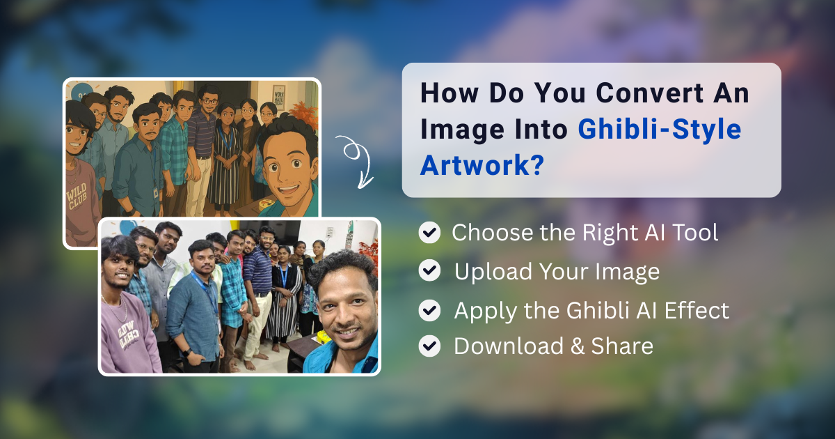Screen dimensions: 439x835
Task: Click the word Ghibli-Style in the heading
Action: tap(660, 130)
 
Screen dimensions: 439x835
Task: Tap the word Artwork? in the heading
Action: tap(481, 167)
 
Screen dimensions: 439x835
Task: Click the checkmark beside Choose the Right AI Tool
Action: tap(429, 233)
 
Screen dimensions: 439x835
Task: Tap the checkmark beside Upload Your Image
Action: tap(429, 271)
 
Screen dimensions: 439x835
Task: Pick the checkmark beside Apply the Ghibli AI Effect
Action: tap(429, 309)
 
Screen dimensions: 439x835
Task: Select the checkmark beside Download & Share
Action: tap(429, 346)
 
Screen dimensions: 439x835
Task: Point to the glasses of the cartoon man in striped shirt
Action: tap(209, 102)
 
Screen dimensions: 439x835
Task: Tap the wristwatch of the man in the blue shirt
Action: tap(186, 353)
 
